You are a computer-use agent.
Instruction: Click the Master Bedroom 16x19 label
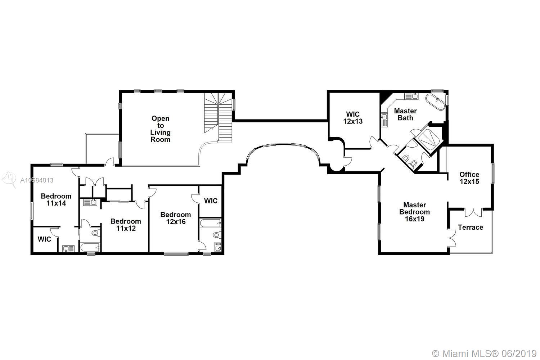pyautogui.click(x=414, y=212)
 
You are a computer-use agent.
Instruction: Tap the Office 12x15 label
pyautogui.click(x=469, y=178)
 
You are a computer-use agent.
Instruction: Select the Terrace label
pyautogui.click(x=470, y=227)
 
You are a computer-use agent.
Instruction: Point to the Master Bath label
pyautogui.click(x=405, y=114)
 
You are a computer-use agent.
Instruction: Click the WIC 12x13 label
pyautogui.click(x=353, y=117)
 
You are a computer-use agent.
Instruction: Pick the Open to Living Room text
pyautogui.click(x=160, y=129)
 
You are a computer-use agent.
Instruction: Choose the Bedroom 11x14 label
pyautogui.click(x=56, y=199)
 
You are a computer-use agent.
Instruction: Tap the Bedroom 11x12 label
pyautogui.click(x=126, y=225)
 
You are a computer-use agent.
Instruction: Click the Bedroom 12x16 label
pyautogui.click(x=176, y=218)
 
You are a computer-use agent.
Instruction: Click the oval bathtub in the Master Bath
pyautogui.click(x=436, y=102)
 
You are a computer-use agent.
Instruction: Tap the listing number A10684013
pyautogui.click(x=37, y=180)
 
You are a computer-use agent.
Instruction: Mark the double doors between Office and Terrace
pyautogui.click(x=473, y=212)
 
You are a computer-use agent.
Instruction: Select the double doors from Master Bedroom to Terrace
pyautogui.click(x=451, y=238)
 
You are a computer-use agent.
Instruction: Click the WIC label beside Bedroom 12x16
pyautogui.click(x=211, y=201)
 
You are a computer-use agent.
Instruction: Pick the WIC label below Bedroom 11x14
pyautogui.click(x=44, y=239)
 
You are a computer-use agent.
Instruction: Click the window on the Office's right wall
pyautogui.click(x=493, y=174)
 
